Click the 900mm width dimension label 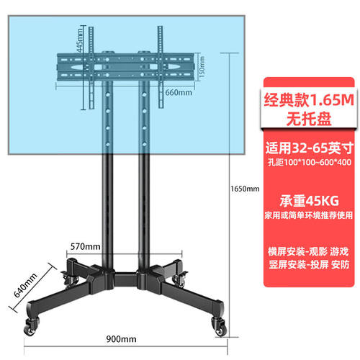point(121,339)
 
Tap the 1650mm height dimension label point(245,189)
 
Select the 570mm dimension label point(86,246)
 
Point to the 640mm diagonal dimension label point(25,285)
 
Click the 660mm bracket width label point(179,92)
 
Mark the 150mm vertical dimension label point(202,67)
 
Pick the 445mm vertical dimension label point(79,40)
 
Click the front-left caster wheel point(31,327)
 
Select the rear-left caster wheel point(71,279)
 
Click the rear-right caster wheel point(179,279)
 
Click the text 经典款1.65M point(309,100)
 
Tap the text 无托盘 point(309,119)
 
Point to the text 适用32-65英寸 point(309,148)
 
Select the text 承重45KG point(309,201)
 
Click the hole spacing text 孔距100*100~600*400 point(310,163)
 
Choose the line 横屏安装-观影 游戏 point(309,252)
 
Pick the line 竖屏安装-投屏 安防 point(309,265)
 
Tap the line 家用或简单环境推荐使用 point(309,215)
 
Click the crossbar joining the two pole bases point(126,279)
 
